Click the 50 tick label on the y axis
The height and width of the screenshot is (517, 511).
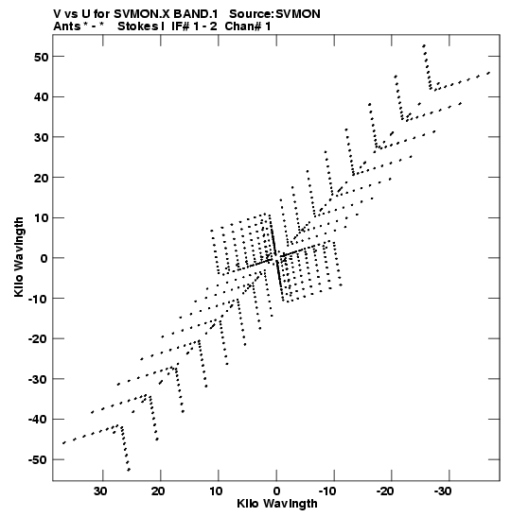41,57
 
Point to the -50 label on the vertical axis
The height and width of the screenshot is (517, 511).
38,459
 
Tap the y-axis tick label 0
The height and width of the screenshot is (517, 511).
44,258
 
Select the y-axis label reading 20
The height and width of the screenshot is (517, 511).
41,178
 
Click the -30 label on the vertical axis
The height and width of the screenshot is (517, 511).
38,379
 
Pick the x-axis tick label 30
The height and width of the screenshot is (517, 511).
100,491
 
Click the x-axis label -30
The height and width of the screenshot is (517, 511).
443,491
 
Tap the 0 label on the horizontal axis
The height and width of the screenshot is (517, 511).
276,491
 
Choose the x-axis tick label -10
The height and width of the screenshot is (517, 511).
327,491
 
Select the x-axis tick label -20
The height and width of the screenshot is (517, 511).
385,491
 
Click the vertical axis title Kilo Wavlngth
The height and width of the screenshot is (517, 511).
19,257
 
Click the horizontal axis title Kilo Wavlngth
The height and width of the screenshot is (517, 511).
277,504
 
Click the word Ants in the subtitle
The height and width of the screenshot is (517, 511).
66,26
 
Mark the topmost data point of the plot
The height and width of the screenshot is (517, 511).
424,45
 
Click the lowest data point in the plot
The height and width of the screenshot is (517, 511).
129,470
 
